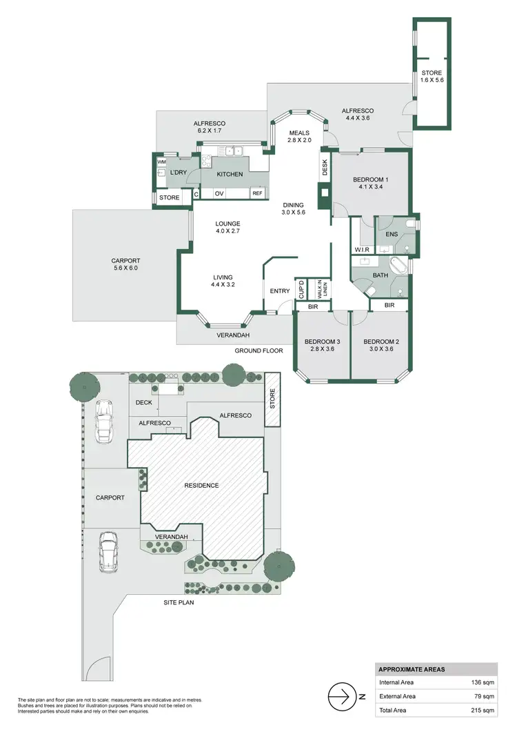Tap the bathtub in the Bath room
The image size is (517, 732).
point(399,266)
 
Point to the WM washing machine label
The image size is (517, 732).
point(161,162)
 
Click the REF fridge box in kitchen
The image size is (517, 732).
point(257,193)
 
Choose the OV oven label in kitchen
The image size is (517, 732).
point(219,193)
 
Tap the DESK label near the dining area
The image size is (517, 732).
point(324,166)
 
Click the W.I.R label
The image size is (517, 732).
point(363,249)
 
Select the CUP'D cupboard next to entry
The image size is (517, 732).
point(301,289)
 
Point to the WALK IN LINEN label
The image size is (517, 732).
point(321,289)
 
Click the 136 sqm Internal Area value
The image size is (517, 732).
point(483,682)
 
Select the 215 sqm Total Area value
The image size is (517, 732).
point(483,710)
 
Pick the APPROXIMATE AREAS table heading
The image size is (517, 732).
point(412,669)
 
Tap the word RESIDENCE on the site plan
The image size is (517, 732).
point(201,485)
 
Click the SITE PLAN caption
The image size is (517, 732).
point(179,602)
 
